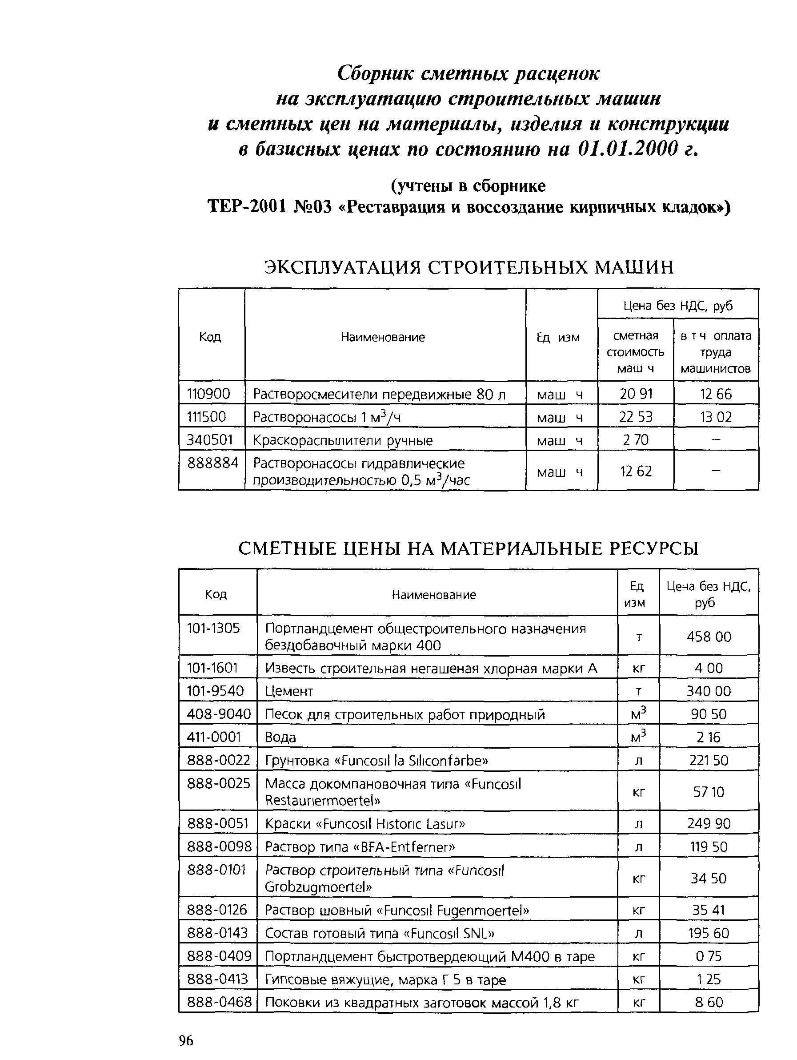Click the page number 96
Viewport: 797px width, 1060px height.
(186, 1040)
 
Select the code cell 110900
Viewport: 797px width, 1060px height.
(208, 394)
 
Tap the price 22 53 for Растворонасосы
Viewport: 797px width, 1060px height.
(635, 417)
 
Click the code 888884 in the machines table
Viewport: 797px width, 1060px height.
(212, 463)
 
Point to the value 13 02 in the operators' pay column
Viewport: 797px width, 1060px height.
(716, 417)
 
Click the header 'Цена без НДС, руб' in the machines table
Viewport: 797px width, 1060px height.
(677, 306)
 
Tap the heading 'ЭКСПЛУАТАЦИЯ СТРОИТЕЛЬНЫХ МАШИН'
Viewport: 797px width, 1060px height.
(469, 267)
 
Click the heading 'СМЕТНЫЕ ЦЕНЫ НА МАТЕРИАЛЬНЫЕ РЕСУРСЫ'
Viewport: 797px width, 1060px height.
(468, 548)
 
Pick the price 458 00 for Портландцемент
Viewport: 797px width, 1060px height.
(709, 637)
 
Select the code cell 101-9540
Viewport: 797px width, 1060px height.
(215, 690)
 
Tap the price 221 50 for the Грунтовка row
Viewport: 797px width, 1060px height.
(709, 760)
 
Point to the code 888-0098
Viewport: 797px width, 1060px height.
(219, 846)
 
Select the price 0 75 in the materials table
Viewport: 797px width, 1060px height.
(709, 956)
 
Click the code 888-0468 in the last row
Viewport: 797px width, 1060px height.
(219, 1002)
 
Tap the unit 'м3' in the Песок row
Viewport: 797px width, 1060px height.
(638, 714)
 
